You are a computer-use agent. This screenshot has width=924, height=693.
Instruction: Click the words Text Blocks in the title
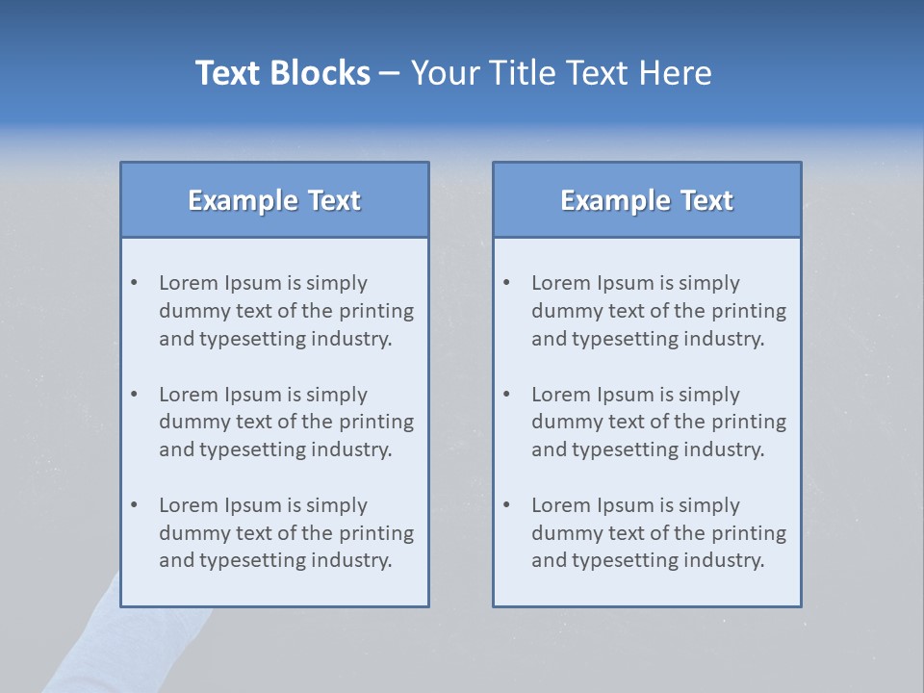[x=282, y=73]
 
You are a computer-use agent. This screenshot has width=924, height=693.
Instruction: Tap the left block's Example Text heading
[x=274, y=200]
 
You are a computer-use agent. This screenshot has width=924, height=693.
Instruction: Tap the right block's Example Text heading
[x=647, y=200]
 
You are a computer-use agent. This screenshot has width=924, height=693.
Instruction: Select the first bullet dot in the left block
[x=134, y=283]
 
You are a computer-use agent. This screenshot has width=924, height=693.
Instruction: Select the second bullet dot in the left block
[x=134, y=395]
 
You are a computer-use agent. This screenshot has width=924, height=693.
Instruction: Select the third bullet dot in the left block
[x=134, y=505]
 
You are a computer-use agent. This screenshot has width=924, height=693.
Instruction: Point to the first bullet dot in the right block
[x=506, y=283]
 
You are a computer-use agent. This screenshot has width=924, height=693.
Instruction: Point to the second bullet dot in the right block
[x=506, y=395]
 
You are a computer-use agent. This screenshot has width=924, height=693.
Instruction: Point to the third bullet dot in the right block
[x=506, y=505]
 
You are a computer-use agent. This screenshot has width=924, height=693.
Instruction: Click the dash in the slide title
[x=390, y=73]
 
